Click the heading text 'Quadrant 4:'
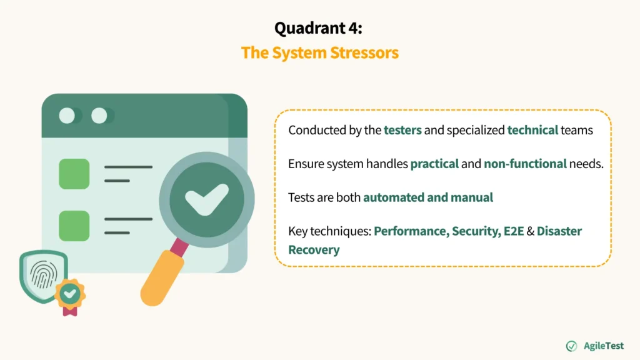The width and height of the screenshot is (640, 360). pos(319,28)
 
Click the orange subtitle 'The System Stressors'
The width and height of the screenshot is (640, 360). pos(319,52)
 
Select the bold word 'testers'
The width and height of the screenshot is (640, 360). pos(402,130)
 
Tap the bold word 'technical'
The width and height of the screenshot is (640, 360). pos(532,130)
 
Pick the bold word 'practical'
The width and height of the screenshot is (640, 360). pos(434,164)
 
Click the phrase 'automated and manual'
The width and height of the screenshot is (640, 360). pos(428,197)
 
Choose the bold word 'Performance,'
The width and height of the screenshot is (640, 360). pos(411,231)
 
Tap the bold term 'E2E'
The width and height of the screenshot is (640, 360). pos(514,231)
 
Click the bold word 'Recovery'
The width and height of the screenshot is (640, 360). pos(314,250)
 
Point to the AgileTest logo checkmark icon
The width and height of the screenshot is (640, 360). pos(571,346)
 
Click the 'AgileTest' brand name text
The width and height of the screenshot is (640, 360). pos(603,346)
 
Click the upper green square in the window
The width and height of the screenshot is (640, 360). pos(74,174)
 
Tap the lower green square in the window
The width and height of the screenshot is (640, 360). pos(74,226)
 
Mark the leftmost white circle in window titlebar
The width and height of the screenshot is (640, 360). pos(67,116)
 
